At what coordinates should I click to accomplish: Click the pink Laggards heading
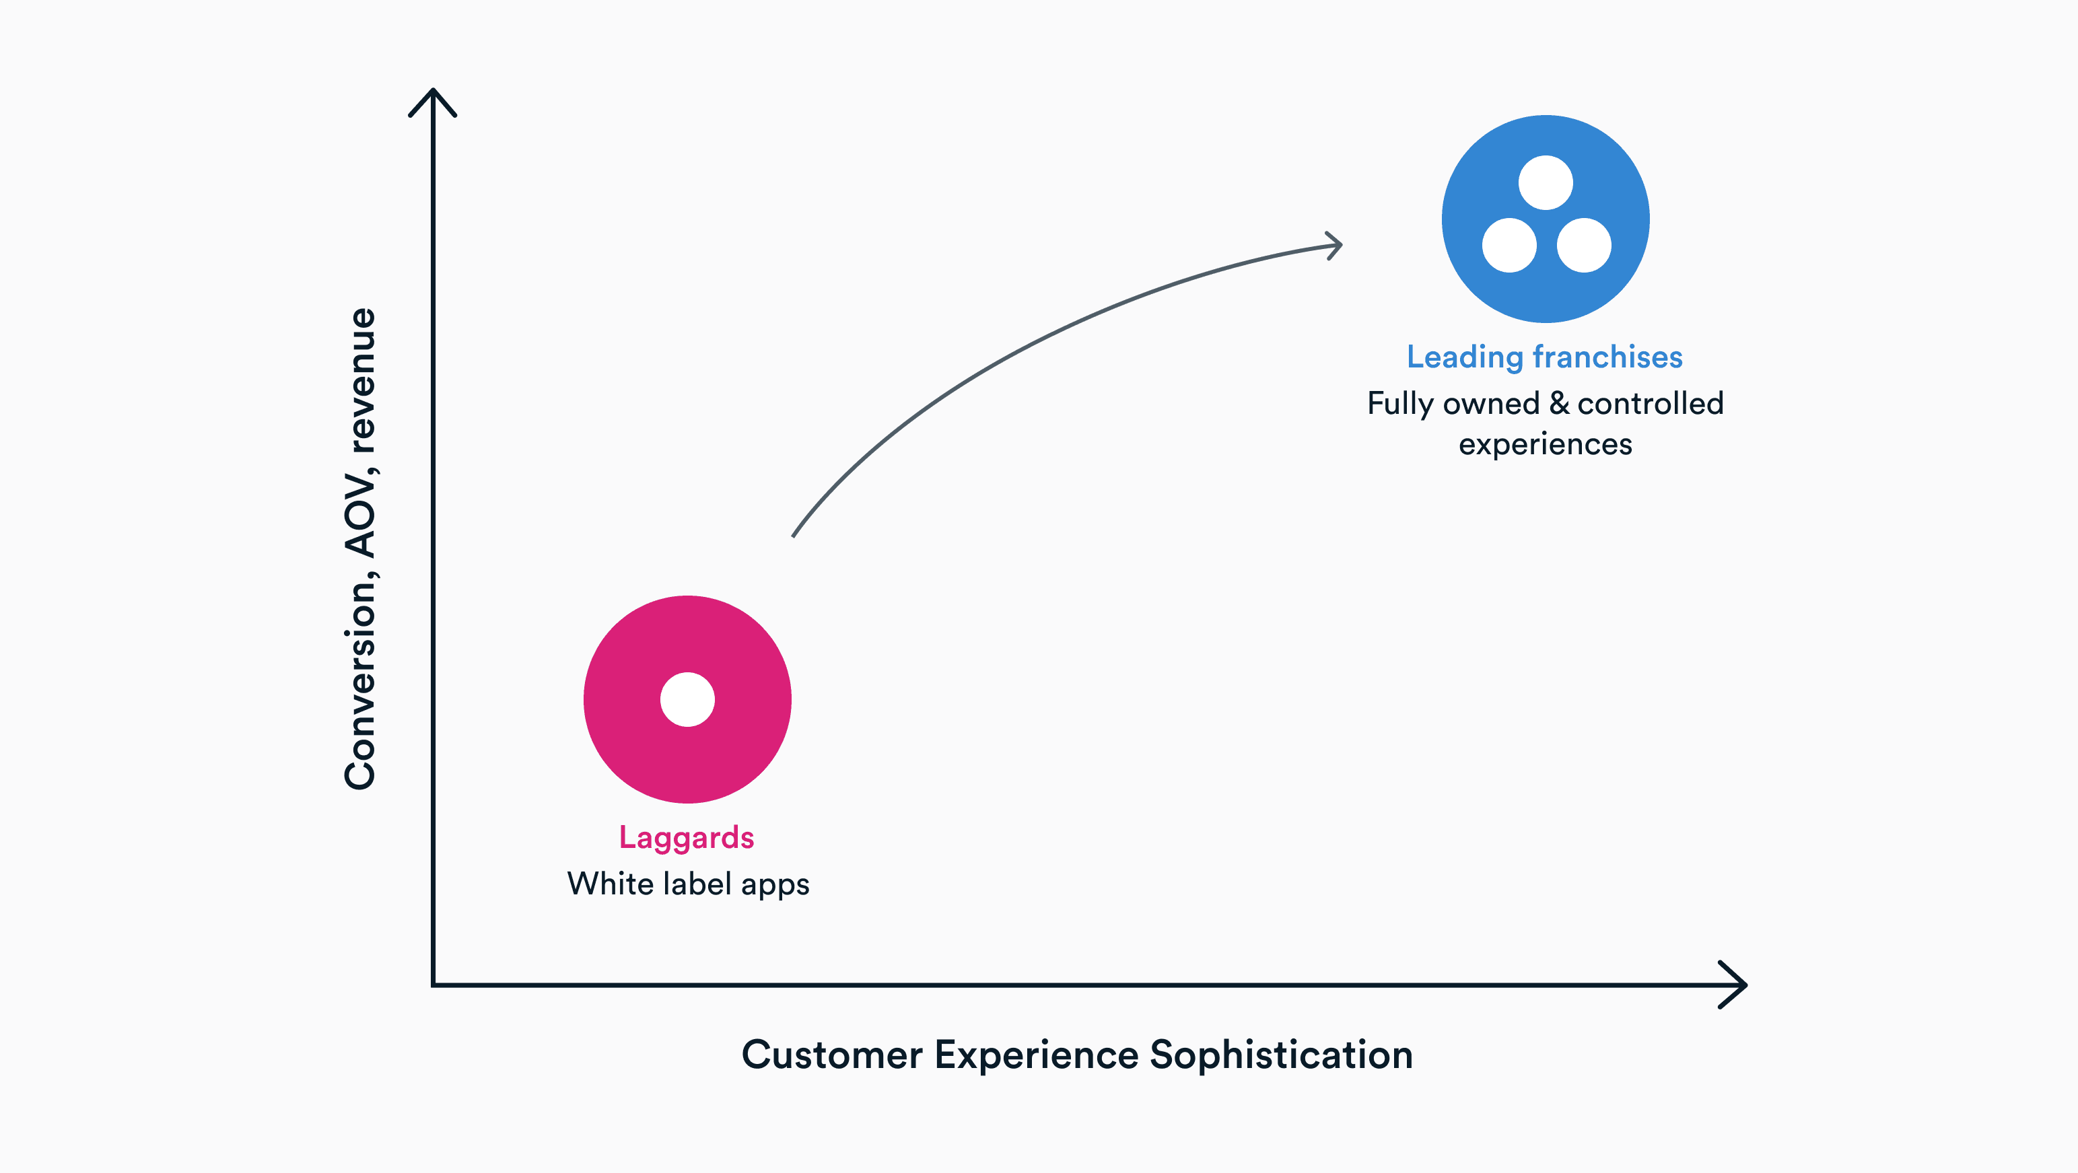point(686,837)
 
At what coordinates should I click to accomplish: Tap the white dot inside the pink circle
point(687,699)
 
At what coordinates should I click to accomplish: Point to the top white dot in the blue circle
point(1545,182)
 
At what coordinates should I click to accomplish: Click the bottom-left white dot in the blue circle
point(1509,245)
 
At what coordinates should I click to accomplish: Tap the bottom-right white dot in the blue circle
point(1583,245)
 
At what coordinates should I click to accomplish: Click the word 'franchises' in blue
point(1607,357)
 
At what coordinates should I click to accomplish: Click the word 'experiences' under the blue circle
point(1545,445)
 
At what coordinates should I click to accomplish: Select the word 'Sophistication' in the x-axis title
point(1281,1055)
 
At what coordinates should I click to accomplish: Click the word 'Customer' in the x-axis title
point(832,1055)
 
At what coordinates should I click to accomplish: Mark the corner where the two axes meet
point(434,984)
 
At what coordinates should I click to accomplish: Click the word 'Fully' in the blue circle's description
point(1399,403)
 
